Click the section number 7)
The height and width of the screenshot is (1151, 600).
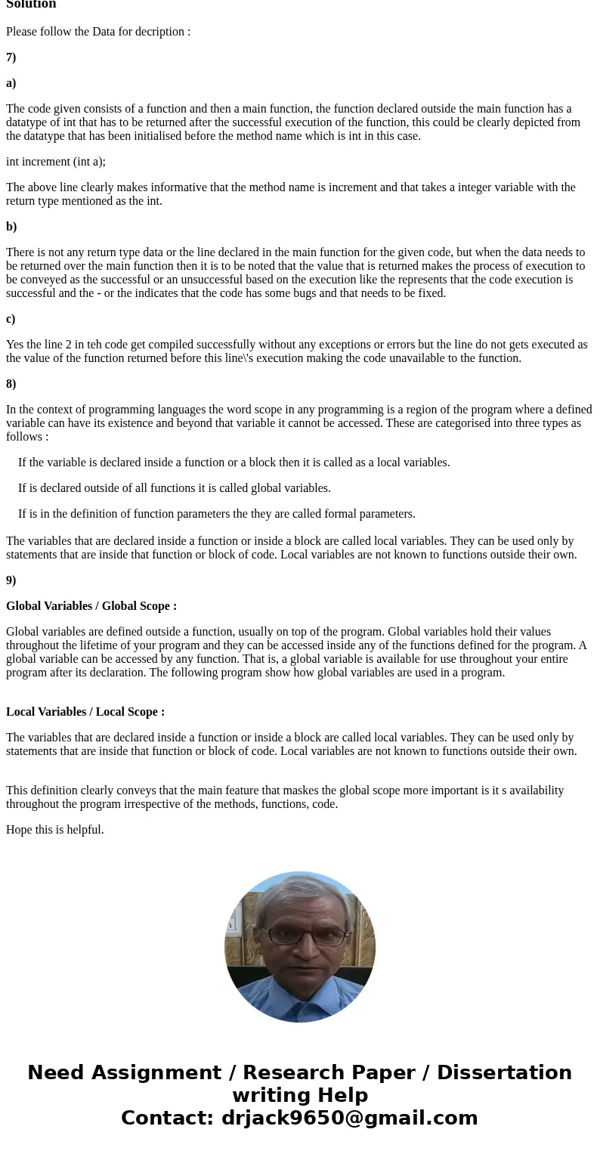11,57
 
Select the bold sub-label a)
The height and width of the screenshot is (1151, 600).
11,83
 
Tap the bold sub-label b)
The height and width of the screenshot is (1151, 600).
11,227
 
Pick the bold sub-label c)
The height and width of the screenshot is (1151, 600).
11,319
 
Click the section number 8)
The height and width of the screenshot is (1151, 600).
11,384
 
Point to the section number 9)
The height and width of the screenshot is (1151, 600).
11,580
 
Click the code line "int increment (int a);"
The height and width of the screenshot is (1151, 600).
56,162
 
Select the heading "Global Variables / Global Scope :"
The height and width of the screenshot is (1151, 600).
91,606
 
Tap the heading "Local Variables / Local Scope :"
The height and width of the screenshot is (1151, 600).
85,712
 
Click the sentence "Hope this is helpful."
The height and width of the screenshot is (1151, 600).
55,830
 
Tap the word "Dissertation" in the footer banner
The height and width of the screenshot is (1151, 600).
504,1072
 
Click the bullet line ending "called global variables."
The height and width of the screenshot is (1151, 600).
175,488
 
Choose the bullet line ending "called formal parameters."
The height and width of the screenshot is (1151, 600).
217,514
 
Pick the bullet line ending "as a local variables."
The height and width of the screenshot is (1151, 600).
234,463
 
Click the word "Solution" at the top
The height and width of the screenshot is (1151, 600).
31,5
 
